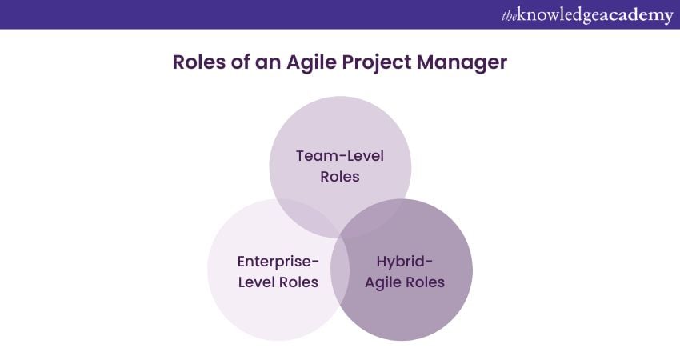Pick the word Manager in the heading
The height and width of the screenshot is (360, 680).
(462, 64)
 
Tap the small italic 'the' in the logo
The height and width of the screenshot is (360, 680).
(509, 16)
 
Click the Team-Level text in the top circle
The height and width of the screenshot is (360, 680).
(340, 156)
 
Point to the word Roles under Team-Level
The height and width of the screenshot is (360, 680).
(340, 177)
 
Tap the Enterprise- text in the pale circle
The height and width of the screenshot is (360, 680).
(278, 262)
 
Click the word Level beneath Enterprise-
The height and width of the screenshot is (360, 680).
(256, 282)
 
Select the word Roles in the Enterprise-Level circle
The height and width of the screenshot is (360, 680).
(299, 282)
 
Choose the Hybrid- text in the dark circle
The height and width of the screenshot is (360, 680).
(405, 262)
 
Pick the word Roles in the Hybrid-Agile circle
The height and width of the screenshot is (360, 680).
(426, 282)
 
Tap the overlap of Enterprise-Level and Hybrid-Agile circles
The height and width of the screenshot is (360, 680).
(340, 270)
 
